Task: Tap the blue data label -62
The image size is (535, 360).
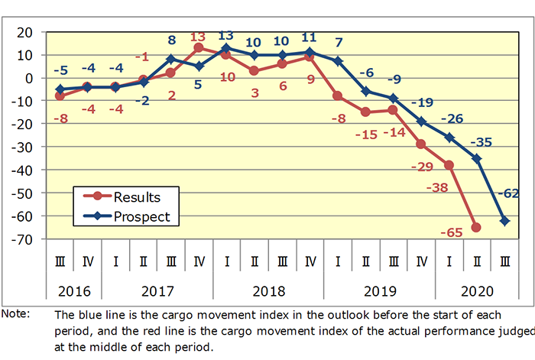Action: coord(509,194)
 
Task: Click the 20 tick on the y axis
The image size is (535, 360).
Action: coord(24,32)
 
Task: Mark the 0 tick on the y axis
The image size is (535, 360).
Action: coord(28,78)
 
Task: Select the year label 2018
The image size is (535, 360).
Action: coord(267,291)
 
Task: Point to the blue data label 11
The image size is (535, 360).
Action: coord(310,36)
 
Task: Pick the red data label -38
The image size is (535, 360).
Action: coord(438,186)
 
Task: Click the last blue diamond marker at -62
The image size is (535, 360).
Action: coord(504,221)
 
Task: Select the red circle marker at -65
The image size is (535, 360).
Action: coord(476,227)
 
